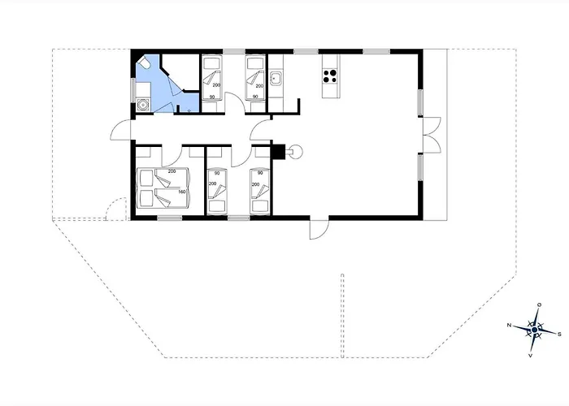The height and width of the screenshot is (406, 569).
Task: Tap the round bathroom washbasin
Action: [143, 105]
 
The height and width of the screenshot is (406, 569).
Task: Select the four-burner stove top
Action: [330, 76]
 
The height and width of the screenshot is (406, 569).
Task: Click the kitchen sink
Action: [276, 78]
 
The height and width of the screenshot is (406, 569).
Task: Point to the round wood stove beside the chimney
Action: [296, 151]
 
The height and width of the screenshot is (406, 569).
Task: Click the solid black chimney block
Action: [278, 152]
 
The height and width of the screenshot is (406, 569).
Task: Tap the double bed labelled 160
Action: [163, 188]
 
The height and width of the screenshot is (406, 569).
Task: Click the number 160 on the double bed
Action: [182, 192]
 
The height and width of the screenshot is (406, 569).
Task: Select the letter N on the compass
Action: [510, 325]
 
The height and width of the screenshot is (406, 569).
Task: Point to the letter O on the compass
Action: [540, 304]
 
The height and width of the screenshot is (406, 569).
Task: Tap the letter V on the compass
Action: [531, 356]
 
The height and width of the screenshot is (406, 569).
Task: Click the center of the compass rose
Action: [535, 330]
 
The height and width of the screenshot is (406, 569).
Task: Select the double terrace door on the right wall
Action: [432, 135]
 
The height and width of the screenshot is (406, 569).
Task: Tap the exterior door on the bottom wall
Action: [319, 227]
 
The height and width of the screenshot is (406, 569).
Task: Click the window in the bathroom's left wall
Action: [132, 88]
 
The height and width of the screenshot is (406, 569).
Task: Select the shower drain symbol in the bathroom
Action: [189, 110]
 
